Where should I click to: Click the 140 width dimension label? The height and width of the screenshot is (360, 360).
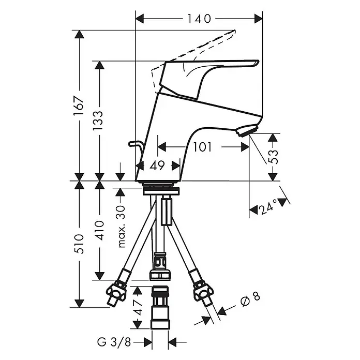tap(199, 19)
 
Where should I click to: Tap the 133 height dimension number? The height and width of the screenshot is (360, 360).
tap(98, 121)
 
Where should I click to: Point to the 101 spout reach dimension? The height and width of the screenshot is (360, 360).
tap(202, 147)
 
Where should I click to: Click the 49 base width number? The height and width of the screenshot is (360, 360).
tap(157, 166)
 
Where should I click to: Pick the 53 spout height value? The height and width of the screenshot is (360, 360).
tap(273, 157)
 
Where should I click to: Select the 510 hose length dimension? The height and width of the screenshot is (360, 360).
tap(79, 244)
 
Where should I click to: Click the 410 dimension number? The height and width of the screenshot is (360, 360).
tap(99, 230)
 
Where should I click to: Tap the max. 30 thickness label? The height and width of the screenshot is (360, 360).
tap(122, 227)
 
